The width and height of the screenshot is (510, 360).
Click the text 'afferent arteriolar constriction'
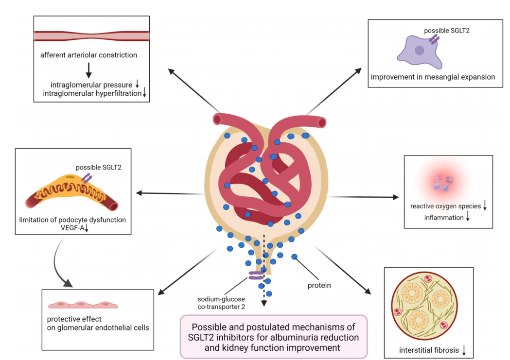[88, 55]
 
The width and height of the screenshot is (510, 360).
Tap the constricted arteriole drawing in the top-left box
[92, 36]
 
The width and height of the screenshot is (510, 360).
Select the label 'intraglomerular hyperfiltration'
[92, 94]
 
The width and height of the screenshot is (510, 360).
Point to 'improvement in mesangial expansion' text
[433, 77]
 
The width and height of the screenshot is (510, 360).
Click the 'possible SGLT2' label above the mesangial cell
[447, 31]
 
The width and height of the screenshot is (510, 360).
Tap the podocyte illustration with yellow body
[71, 192]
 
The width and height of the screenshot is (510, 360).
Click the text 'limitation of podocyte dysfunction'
[72, 220]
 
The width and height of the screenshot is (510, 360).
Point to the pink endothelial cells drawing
[83, 305]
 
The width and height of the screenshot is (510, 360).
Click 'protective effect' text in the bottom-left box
[74, 319]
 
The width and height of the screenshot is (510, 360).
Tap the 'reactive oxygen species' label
[445, 206]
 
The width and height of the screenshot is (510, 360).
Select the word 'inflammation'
[444, 218]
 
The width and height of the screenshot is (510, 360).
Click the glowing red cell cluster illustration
[442, 183]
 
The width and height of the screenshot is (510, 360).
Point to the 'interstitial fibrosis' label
[429, 350]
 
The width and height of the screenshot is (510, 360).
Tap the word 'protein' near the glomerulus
[319, 285]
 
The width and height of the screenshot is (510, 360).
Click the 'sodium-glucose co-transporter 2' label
[221, 303]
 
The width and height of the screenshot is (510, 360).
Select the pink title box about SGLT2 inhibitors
[274, 337]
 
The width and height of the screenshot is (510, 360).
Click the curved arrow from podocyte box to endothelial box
[55, 260]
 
